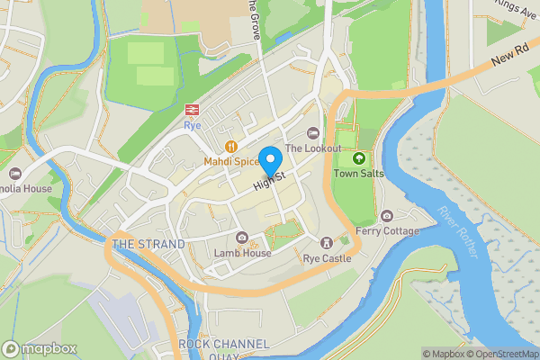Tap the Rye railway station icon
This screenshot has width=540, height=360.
(192, 110)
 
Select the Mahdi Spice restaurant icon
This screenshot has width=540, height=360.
(231, 146)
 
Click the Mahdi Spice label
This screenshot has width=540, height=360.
(231, 161)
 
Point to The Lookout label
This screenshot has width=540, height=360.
(313, 148)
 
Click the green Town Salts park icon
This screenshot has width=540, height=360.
(359, 157)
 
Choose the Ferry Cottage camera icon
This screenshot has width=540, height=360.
(387, 216)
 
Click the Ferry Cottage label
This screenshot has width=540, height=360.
(388, 231)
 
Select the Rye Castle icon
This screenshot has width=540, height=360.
(326, 243)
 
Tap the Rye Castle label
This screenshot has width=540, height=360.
(326, 258)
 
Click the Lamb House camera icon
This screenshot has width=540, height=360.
(242, 238)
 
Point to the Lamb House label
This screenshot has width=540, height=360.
(242, 253)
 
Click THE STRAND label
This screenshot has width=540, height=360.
(148, 244)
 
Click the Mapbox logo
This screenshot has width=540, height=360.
(40, 348)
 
